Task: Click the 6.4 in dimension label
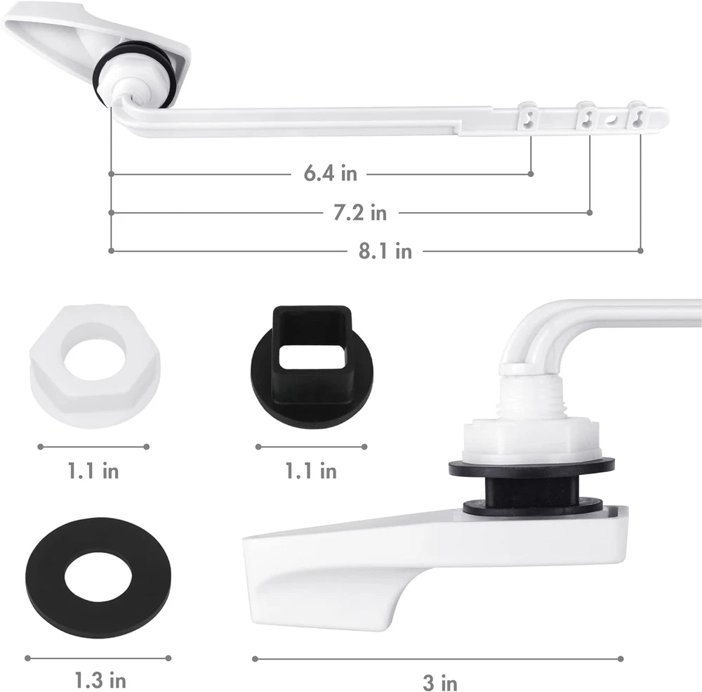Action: tap(331, 174)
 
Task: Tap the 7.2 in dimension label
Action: tap(360, 212)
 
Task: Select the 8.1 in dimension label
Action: tap(385, 251)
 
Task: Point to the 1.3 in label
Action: tap(100, 680)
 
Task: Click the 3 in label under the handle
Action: tap(440, 683)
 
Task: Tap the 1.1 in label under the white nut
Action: tap(93, 471)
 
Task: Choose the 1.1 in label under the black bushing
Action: tap(311, 471)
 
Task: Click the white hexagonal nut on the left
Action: tap(95, 365)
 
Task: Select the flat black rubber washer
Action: tap(98, 577)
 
